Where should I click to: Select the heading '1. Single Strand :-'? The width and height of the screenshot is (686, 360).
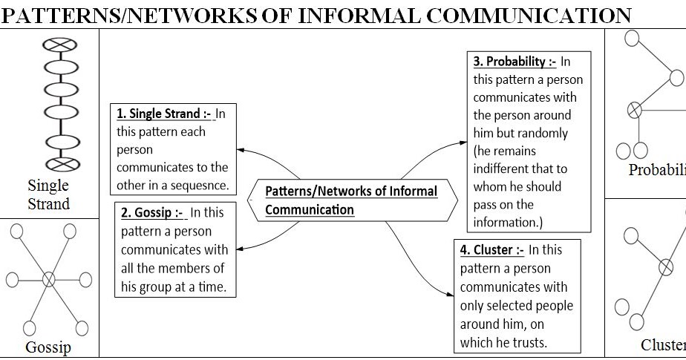pos(163,114)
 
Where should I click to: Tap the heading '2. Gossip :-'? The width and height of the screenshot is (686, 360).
pos(153,212)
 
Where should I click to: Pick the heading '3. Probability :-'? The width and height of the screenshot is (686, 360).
pos(514,62)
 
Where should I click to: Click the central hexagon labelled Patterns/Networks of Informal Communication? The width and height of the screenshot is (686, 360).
pos(351,200)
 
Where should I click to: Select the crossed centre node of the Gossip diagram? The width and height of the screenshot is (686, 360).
pos(49,279)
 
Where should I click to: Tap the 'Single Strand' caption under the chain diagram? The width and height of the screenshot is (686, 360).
pos(48,194)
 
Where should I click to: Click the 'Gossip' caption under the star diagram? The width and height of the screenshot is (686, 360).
pos(48,347)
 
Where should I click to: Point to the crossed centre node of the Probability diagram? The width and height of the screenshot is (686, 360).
pos(635,110)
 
